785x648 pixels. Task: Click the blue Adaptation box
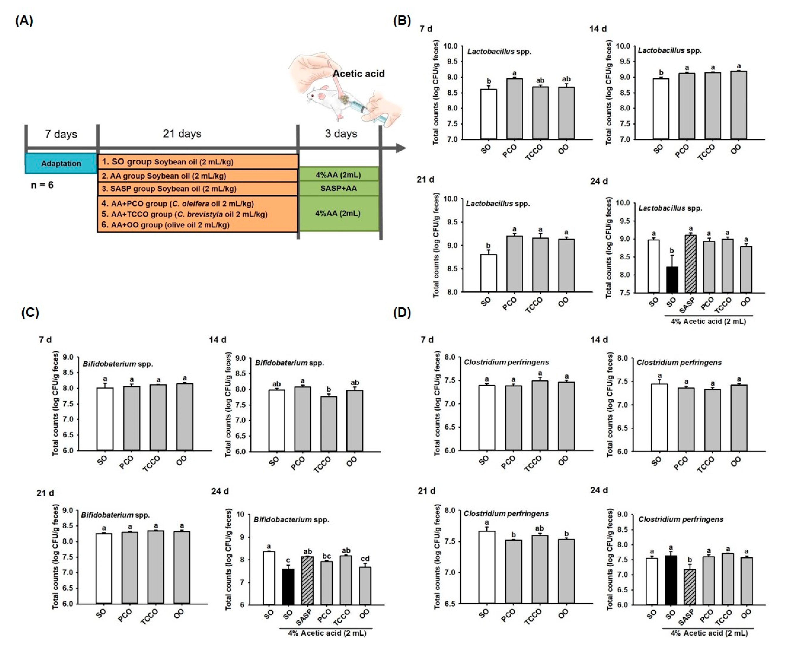61,164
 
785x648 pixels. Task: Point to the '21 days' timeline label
182,134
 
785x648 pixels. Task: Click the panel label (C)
30,312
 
